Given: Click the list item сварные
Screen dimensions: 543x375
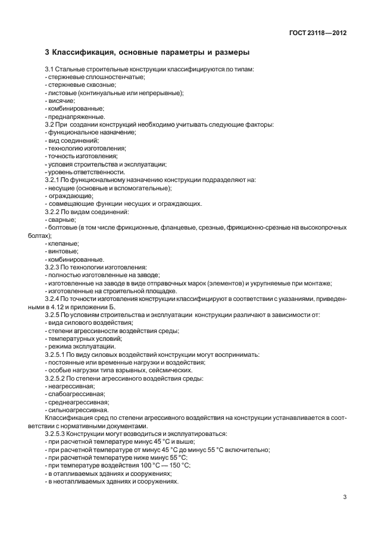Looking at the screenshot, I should (x=62, y=219).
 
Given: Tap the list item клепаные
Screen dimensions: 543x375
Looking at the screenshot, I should (x=63, y=243).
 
